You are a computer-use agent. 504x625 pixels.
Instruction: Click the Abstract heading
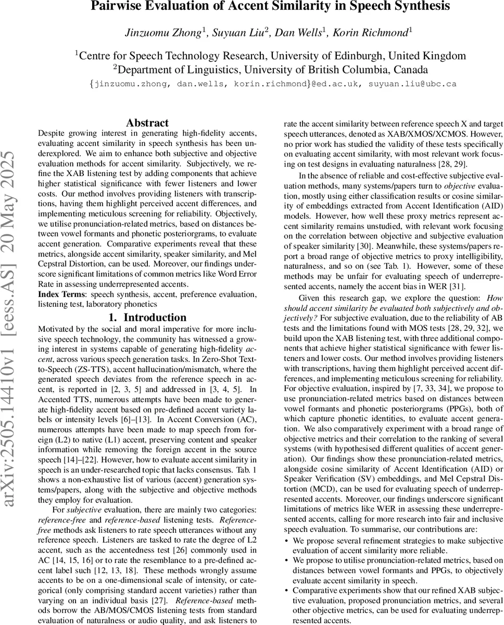click(147, 123)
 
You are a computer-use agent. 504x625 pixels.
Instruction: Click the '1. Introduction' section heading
click(147, 317)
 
